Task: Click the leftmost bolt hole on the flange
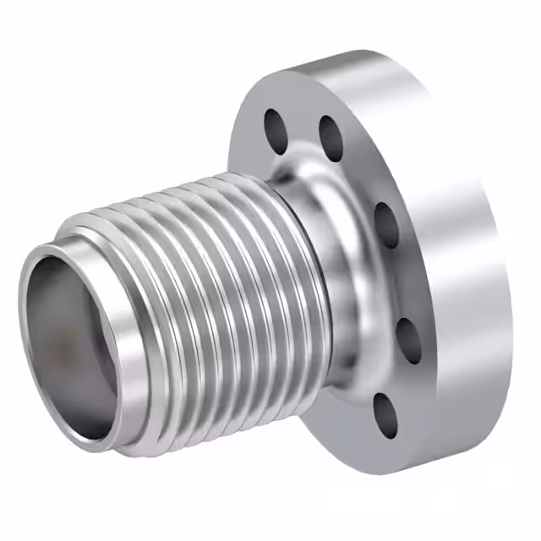coord(276,128)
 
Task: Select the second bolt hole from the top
coord(330,138)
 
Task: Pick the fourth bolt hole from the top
coord(409,339)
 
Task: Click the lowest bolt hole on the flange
coord(385,415)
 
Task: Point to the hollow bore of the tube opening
coord(72,338)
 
